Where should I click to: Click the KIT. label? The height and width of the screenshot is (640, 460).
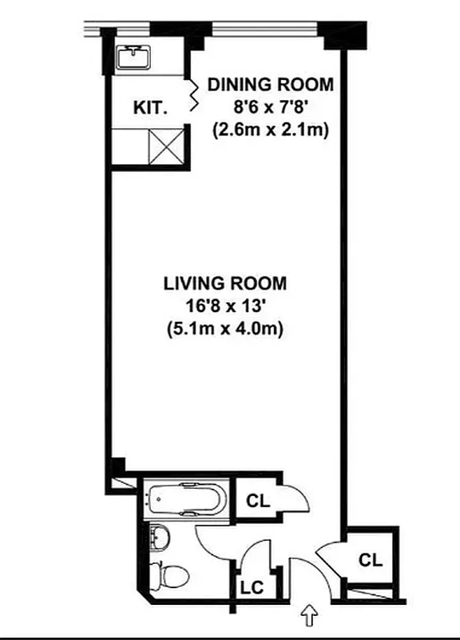(150, 106)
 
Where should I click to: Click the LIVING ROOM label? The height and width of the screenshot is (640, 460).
(224, 283)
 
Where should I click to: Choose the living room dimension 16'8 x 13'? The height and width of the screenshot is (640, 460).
(224, 306)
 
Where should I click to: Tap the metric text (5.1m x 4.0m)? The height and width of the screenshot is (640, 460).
(224, 328)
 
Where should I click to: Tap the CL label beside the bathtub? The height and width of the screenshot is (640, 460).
(257, 502)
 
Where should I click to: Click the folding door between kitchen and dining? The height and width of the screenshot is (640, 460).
(192, 96)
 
